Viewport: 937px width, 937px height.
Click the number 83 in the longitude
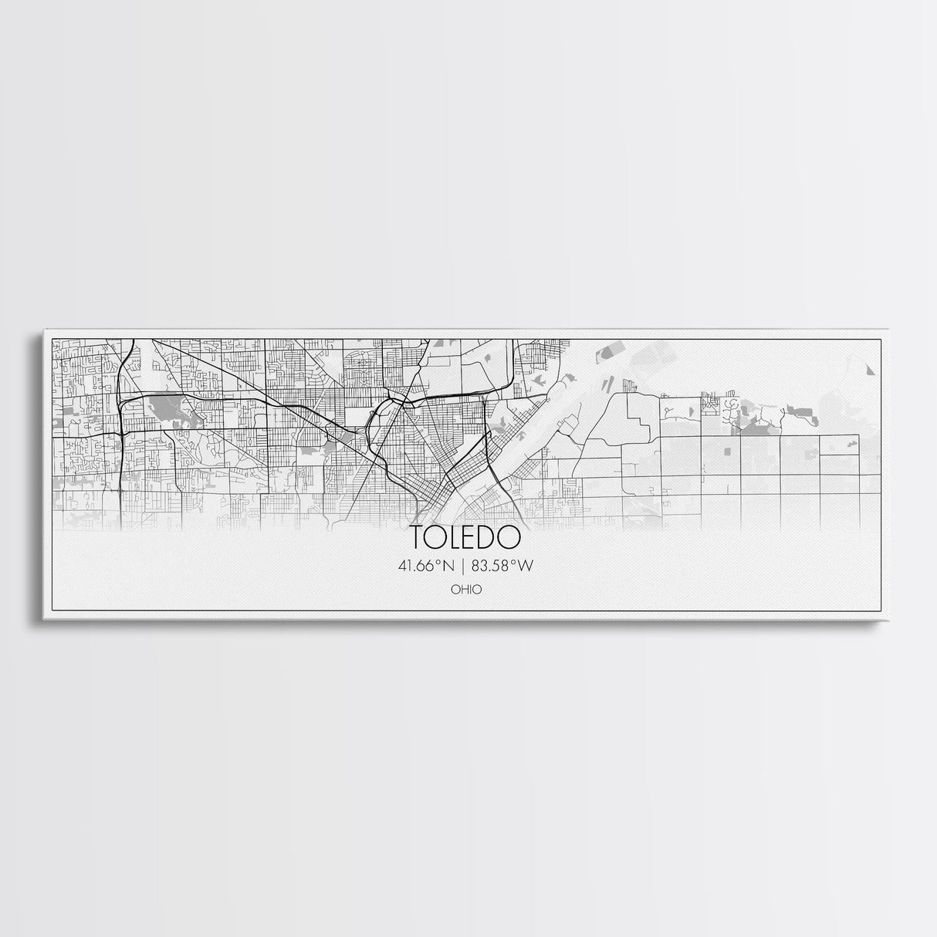pyautogui.click(x=482, y=566)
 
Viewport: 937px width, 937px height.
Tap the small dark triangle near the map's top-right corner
pyautogui.click(x=871, y=370)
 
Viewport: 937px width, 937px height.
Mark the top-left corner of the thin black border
pyautogui.click(x=52, y=340)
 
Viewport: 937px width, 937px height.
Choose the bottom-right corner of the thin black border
pyautogui.click(x=881, y=610)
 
